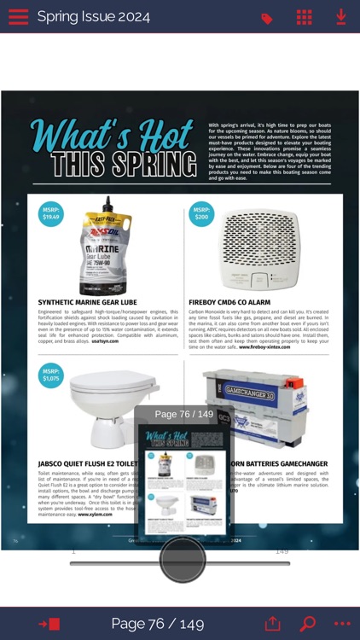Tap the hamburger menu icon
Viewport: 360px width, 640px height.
click(x=18, y=17)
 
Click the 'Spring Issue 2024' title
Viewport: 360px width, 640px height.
click(x=93, y=17)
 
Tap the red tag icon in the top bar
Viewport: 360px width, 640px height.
click(x=267, y=18)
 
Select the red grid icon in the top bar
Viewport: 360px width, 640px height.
click(x=304, y=17)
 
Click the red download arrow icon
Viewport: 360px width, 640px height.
click(x=340, y=17)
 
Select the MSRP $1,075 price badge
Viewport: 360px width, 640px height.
click(x=52, y=375)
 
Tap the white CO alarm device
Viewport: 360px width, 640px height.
click(x=260, y=250)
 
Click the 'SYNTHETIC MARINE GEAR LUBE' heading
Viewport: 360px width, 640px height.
click(x=87, y=302)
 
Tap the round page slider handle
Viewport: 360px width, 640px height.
click(x=183, y=560)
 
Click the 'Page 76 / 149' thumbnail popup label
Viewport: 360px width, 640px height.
click(x=183, y=415)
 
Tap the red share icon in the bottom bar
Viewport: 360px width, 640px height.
click(x=272, y=623)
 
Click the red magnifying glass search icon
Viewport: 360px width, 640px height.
click(x=307, y=623)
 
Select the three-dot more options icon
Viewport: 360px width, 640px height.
click(x=342, y=624)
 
